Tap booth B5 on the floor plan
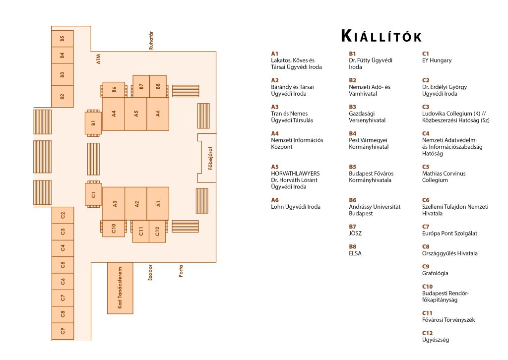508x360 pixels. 63,38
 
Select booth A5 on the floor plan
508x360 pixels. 136,114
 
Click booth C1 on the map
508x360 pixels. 93,194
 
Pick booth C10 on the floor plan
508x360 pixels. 113,229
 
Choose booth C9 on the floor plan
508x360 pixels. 63,331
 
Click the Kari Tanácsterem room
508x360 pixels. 120,288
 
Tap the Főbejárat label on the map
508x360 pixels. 210,158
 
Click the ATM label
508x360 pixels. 98,59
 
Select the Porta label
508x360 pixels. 181,272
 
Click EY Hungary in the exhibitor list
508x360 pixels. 437,60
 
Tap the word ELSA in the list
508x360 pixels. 355,253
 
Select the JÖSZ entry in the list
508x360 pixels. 355,234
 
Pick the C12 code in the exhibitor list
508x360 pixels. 427,333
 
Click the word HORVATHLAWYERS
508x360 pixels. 295,174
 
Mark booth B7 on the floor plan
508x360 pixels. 141,86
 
